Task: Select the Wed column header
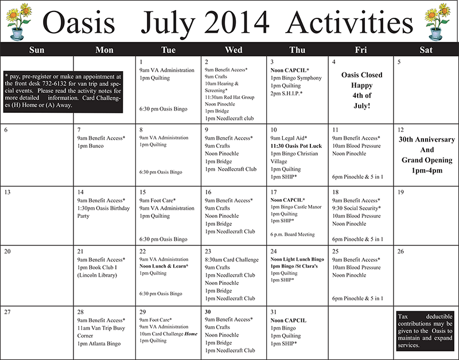pos(234,50)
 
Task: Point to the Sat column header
pos(426,50)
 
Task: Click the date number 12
pos(400,130)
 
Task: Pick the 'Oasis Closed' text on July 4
pos(361,75)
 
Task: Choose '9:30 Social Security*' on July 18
pos(356,208)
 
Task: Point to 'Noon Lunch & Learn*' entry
pos(166,267)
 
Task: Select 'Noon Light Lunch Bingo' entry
pos(297,259)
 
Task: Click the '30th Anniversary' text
pos(426,140)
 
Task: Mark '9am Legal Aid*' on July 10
pos(289,138)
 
